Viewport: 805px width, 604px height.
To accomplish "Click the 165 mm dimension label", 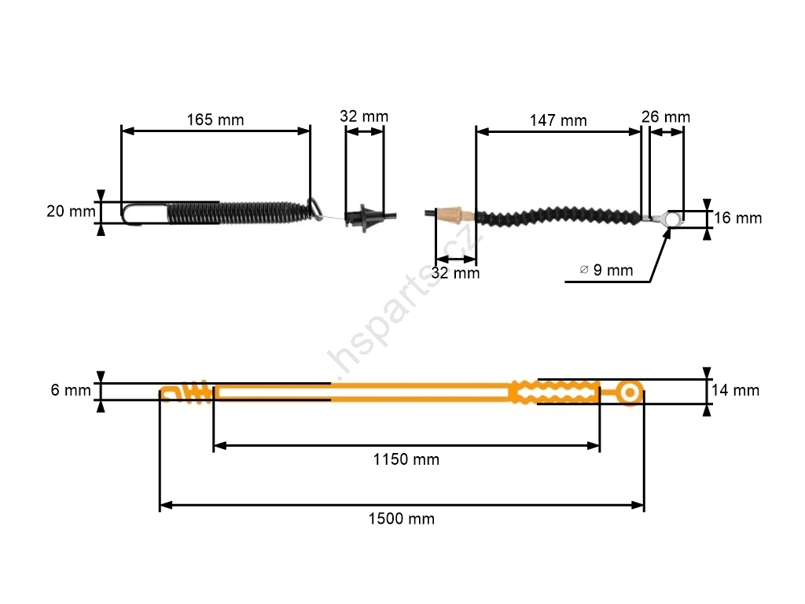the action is pyautogui.click(x=215, y=120).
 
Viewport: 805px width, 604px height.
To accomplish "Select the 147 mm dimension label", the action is pyautogui.click(x=558, y=120).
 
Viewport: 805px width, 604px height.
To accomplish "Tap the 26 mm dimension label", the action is pyautogui.click(x=666, y=117).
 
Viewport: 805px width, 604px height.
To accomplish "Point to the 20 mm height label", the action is pyautogui.click(x=71, y=211).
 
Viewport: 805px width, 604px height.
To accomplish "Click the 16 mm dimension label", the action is pyautogui.click(x=737, y=218).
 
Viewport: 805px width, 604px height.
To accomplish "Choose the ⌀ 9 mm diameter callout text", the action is pyautogui.click(x=606, y=271).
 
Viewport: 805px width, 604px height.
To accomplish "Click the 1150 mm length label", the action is pyautogui.click(x=406, y=459).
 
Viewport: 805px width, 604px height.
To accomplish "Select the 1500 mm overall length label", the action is pyautogui.click(x=402, y=519).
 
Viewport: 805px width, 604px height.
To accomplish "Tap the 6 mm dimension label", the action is pyautogui.click(x=71, y=390).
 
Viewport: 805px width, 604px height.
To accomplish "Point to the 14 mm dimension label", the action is pyautogui.click(x=735, y=390).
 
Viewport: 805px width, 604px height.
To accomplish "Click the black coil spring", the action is pyautogui.click(x=239, y=212).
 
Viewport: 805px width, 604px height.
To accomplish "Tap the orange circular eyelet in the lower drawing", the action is pyautogui.click(x=630, y=393).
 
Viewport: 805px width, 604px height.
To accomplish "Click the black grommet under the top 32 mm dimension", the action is pyautogui.click(x=364, y=218).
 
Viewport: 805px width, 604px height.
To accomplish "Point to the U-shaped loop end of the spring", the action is pyautogui.click(x=123, y=213).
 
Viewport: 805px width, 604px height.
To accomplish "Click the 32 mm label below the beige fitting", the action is pyautogui.click(x=455, y=273).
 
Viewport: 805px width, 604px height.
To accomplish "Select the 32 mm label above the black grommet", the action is pyautogui.click(x=364, y=116).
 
